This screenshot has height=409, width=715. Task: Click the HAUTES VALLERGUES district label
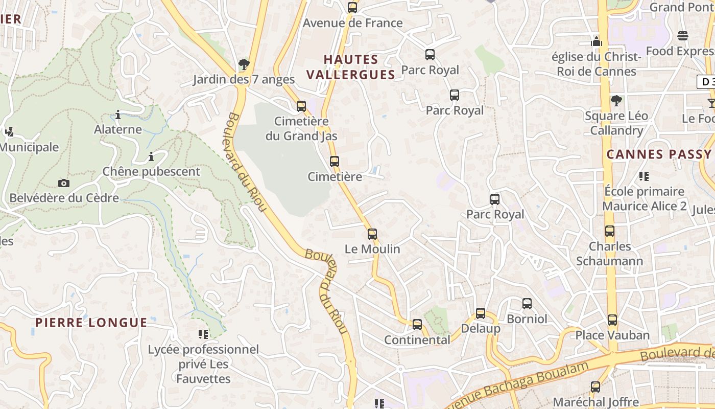point(351,67)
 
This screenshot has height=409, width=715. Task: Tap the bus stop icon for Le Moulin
point(372,234)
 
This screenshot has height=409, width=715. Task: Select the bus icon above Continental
point(417,325)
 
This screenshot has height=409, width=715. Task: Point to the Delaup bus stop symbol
point(481,313)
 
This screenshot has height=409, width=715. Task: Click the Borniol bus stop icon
point(527,304)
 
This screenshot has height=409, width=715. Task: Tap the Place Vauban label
point(612,335)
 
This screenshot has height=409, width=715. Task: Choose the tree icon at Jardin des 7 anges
point(244,64)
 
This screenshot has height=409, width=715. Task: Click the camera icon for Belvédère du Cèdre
point(64,183)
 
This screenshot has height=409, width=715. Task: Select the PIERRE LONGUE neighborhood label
point(91,323)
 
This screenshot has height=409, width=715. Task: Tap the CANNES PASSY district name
point(659,154)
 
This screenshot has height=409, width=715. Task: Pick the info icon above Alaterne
point(118,115)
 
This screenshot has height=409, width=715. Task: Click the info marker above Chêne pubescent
point(151,156)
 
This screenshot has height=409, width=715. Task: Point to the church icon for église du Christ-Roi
point(597,41)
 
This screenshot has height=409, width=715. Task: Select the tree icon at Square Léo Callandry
point(616,100)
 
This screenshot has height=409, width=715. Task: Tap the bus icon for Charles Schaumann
point(610,231)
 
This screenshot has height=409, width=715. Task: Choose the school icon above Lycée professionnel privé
point(203,334)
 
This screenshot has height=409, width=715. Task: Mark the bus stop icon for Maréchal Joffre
point(595,387)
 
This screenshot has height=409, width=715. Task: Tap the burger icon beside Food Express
point(683,36)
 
